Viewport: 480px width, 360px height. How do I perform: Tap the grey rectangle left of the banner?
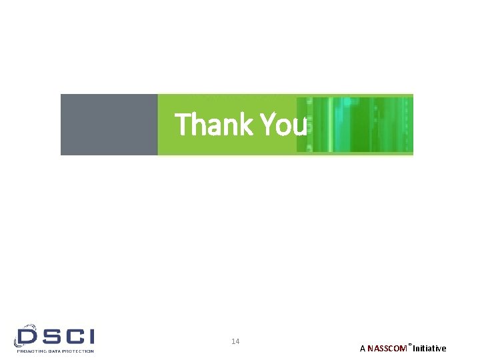point(109,125)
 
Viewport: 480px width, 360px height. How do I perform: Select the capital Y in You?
point(266,125)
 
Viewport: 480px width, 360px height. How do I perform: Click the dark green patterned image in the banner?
point(355,125)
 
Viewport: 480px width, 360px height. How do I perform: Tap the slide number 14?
point(235,342)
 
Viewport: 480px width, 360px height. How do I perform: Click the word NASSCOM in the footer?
point(387,349)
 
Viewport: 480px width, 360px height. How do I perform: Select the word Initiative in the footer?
point(429,349)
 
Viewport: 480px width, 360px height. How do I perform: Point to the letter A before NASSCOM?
point(362,349)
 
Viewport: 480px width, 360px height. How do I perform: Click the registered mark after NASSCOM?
point(410,345)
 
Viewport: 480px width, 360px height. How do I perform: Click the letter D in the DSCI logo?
point(27,335)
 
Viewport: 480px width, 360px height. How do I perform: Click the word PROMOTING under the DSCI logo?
point(31,351)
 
